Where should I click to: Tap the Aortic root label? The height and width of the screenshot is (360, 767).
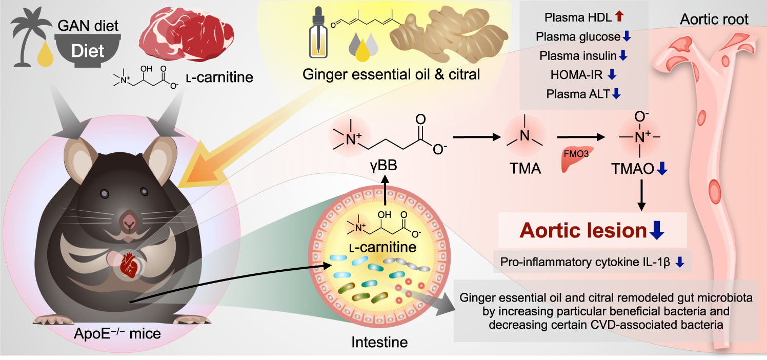pos(714,19)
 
